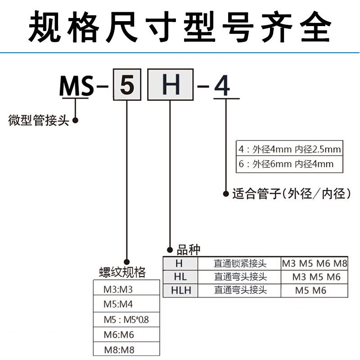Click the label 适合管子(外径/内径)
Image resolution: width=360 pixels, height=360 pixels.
click(x=292, y=194)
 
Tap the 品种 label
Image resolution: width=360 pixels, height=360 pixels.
click(x=189, y=250)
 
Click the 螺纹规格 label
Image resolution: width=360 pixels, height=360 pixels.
click(x=122, y=272)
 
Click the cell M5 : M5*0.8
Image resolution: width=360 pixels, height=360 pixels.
click(x=126, y=319)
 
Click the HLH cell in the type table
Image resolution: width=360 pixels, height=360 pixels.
click(x=181, y=291)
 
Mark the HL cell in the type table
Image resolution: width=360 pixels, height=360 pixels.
click(x=181, y=277)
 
